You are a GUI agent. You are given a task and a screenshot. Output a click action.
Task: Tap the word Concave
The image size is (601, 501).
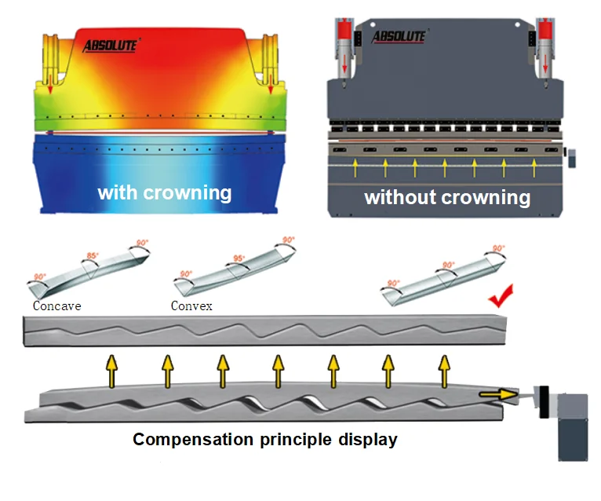(x=57, y=305)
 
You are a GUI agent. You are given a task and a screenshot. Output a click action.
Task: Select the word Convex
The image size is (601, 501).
(x=191, y=305)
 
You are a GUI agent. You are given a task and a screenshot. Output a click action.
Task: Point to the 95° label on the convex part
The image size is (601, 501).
(x=239, y=258)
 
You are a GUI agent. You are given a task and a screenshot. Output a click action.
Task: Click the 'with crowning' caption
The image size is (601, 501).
(x=164, y=192)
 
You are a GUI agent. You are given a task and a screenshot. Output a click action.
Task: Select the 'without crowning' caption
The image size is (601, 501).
(x=447, y=196)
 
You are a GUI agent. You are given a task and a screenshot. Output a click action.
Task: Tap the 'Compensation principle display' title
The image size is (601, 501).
(x=265, y=440)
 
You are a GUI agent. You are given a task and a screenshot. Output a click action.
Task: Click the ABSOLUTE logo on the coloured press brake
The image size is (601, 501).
(x=110, y=46)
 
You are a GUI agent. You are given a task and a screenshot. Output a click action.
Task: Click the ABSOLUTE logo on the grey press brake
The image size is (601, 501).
(x=399, y=36)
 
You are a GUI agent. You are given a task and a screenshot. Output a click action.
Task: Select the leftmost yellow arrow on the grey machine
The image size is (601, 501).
(x=355, y=165)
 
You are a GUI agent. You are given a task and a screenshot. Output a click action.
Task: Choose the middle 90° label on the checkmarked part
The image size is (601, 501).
(x=449, y=265)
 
